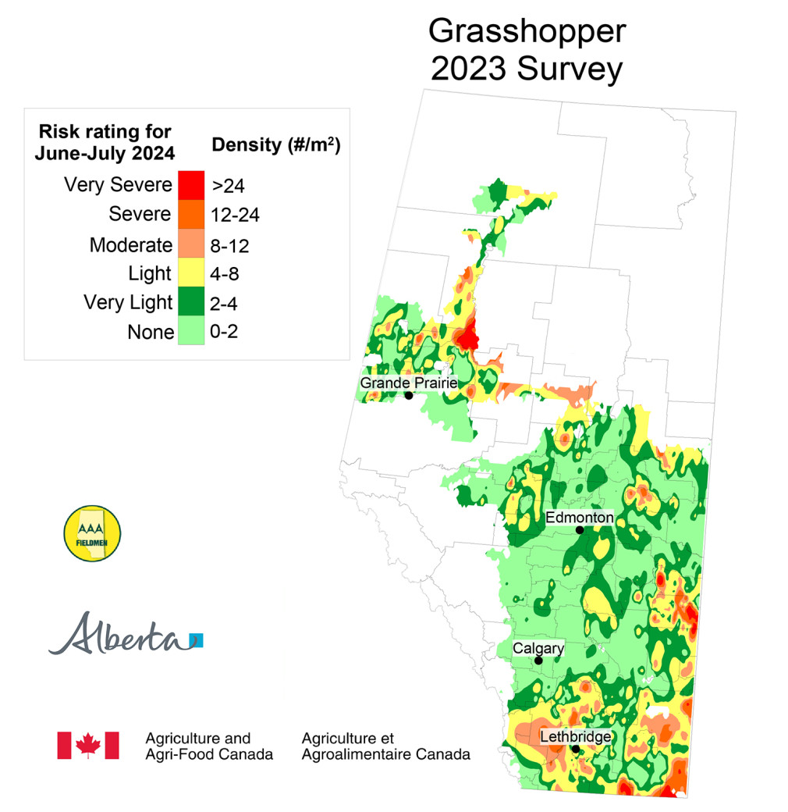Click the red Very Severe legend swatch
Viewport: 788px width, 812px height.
pyautogui.click(x=191, y=185)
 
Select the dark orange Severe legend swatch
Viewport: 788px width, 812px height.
pyautogui.click(x=191, y=214)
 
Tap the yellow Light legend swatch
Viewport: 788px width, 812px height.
pyautogui.click(x=191, y=273)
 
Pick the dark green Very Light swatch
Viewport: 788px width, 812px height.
pyautogui.click(x=191, y=303)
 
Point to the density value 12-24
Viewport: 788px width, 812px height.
pyautogui.click(x=236, y=215)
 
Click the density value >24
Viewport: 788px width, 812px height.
pyautogui.click(x=229, y=186)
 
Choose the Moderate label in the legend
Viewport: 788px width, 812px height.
pyautogui.click(x=130, y=244)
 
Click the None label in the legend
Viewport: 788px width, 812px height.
pyautogui.click(x=151, y=333)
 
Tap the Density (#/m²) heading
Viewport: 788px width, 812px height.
pyautogui.click(x=276, y=144)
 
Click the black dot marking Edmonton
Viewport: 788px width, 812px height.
pyautogui.click(x=580, y=530)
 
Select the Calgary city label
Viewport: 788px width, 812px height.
pyautogui.click(x=538, y=648)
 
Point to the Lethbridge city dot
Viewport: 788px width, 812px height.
pyautogui.click(x=576, y=750)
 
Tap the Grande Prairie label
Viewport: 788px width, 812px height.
pyautogui.click(x=407, y=383)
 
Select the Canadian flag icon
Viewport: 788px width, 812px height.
pyautogui.click(x=88, y=745)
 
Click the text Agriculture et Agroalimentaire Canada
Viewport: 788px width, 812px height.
pyautogui.click(x=385, y=746)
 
